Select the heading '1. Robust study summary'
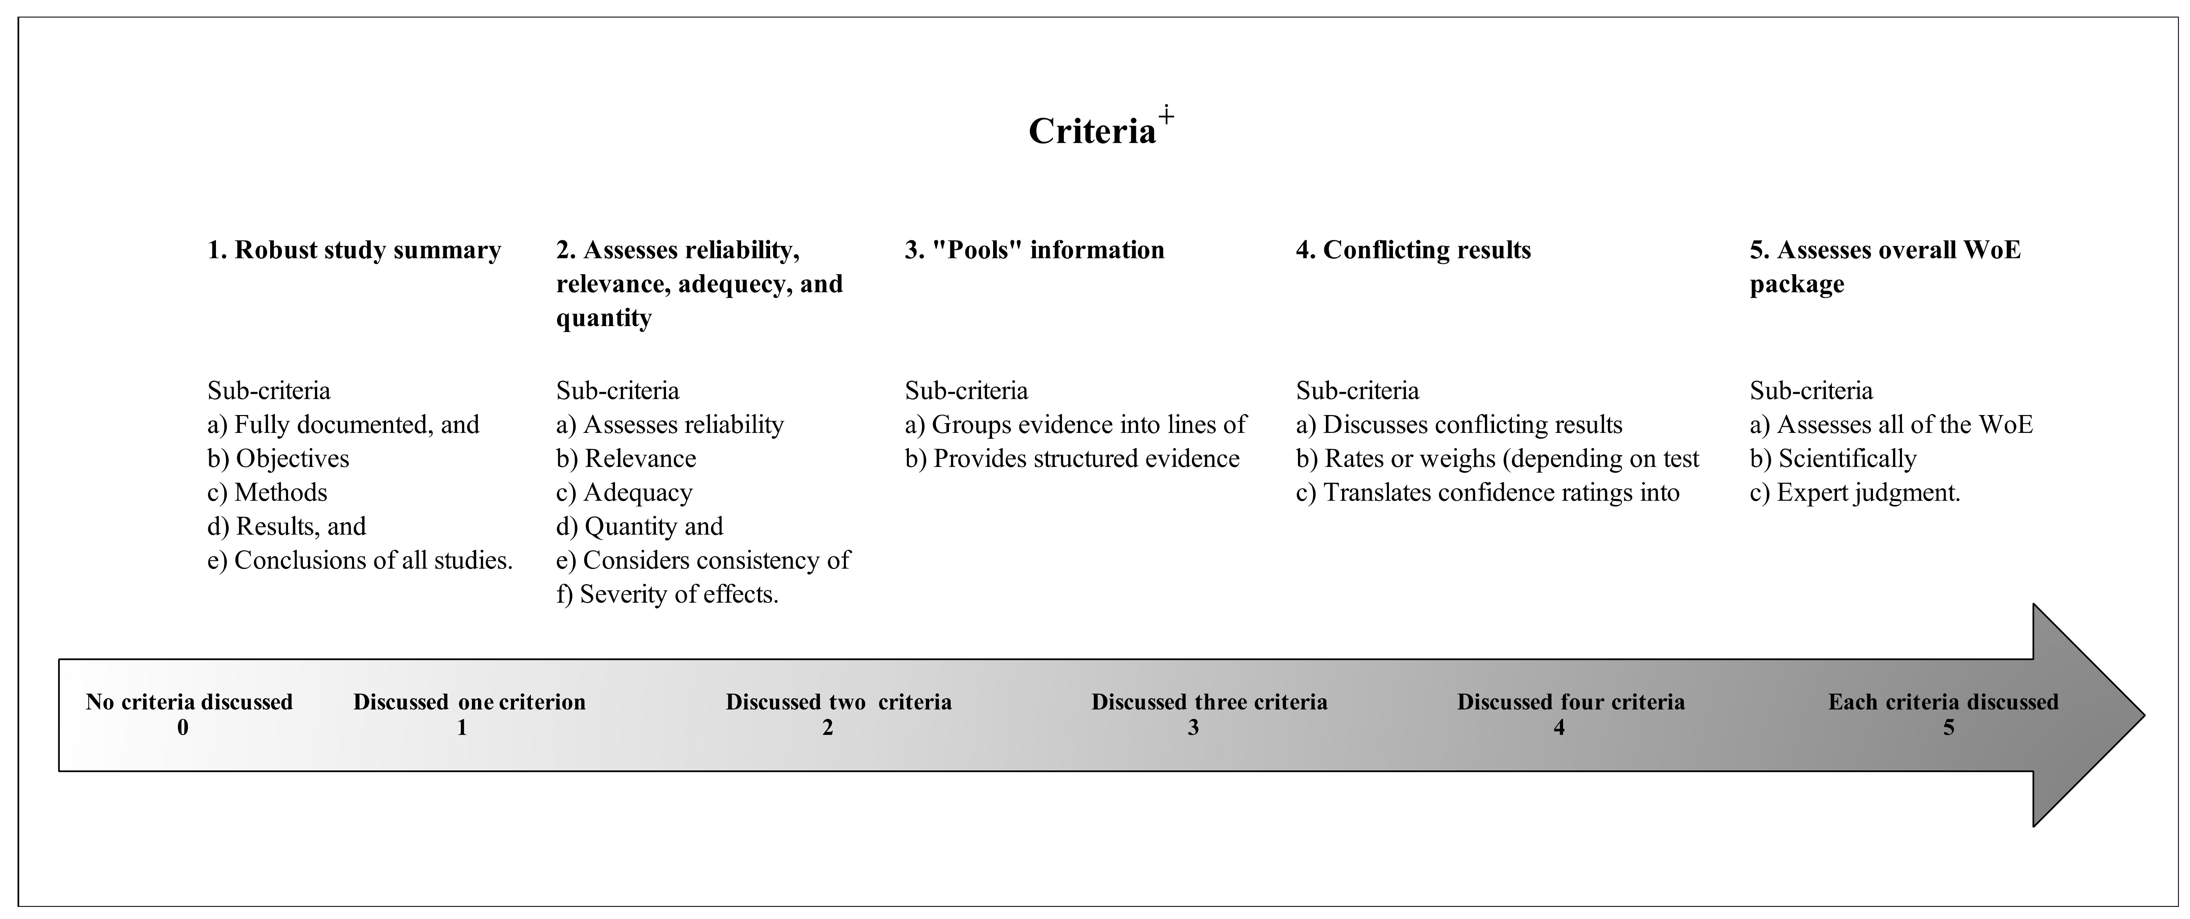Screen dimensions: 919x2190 click(x=354, y=250)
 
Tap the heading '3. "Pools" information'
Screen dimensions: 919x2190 click(x=1034, y=250)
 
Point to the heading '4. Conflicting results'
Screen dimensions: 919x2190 click(x=1413, y=250)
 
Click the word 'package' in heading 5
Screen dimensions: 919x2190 click(x=1797, y=284)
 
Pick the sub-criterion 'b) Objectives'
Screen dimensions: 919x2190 click(x=278, y=459)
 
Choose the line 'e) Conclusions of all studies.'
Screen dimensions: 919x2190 click(x=360, y=561)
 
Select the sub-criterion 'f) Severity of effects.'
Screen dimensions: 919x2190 click(x=667, y=595)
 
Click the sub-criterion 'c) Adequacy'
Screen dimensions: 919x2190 click(x=624, y=493)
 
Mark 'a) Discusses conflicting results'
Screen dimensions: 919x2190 click(x=1459, y=425)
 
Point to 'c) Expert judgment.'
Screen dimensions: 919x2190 click(x=1855, y=493)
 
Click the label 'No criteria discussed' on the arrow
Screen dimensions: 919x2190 click(x=189, y=702)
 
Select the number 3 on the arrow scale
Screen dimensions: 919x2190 click(x=1193, y=728)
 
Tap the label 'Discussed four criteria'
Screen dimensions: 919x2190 click(x=1570, y=702)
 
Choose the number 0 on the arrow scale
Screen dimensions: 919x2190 click(x=183, y=728)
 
